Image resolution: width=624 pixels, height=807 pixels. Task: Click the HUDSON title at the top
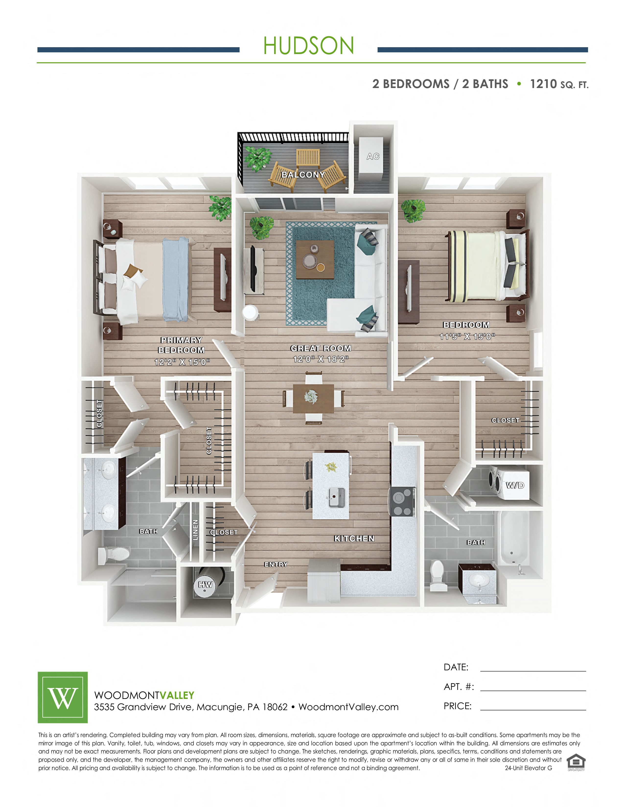[309, 46]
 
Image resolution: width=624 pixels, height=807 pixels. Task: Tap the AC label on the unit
[373, 156]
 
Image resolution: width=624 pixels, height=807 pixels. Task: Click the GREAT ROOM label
[321, 348]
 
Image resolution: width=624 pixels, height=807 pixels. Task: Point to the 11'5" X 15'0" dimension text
[467, 336]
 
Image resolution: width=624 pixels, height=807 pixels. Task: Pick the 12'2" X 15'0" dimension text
[182, 362]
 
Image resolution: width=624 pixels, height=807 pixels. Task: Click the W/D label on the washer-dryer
[515, 485]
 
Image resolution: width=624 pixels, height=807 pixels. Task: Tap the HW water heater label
[206, 584]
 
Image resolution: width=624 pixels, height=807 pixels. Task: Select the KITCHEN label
[354, 538]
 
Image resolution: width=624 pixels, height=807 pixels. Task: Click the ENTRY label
[276, 564]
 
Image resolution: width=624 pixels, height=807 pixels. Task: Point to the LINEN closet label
[196, 529]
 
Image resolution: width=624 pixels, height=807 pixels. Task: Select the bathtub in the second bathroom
[515, 538]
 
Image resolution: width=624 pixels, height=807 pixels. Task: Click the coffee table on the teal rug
[315, 259]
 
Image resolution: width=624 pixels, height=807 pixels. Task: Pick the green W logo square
[63, 697]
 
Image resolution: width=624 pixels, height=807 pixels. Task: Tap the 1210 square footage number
[543, 84]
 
